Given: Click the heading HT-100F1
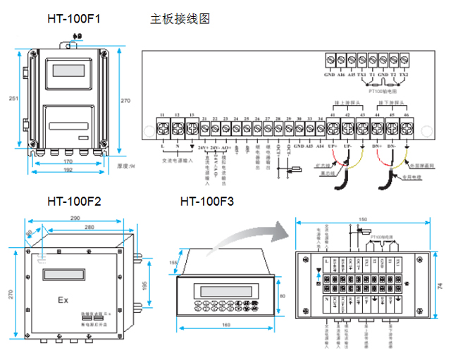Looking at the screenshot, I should pyautogui.click(x=73, y=19).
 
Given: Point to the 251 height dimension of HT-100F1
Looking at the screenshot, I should pyautogui.click(x=11, y=99).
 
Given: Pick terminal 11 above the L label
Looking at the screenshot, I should pyautogui.click(x=163, y=128).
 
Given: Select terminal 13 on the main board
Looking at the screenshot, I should pyautogui.click(x=192, y=128).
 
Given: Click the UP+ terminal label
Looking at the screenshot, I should pyautogui.click(x=333, y=144).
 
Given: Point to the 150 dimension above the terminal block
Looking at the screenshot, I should pyautogui.click(x=362, y=220).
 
